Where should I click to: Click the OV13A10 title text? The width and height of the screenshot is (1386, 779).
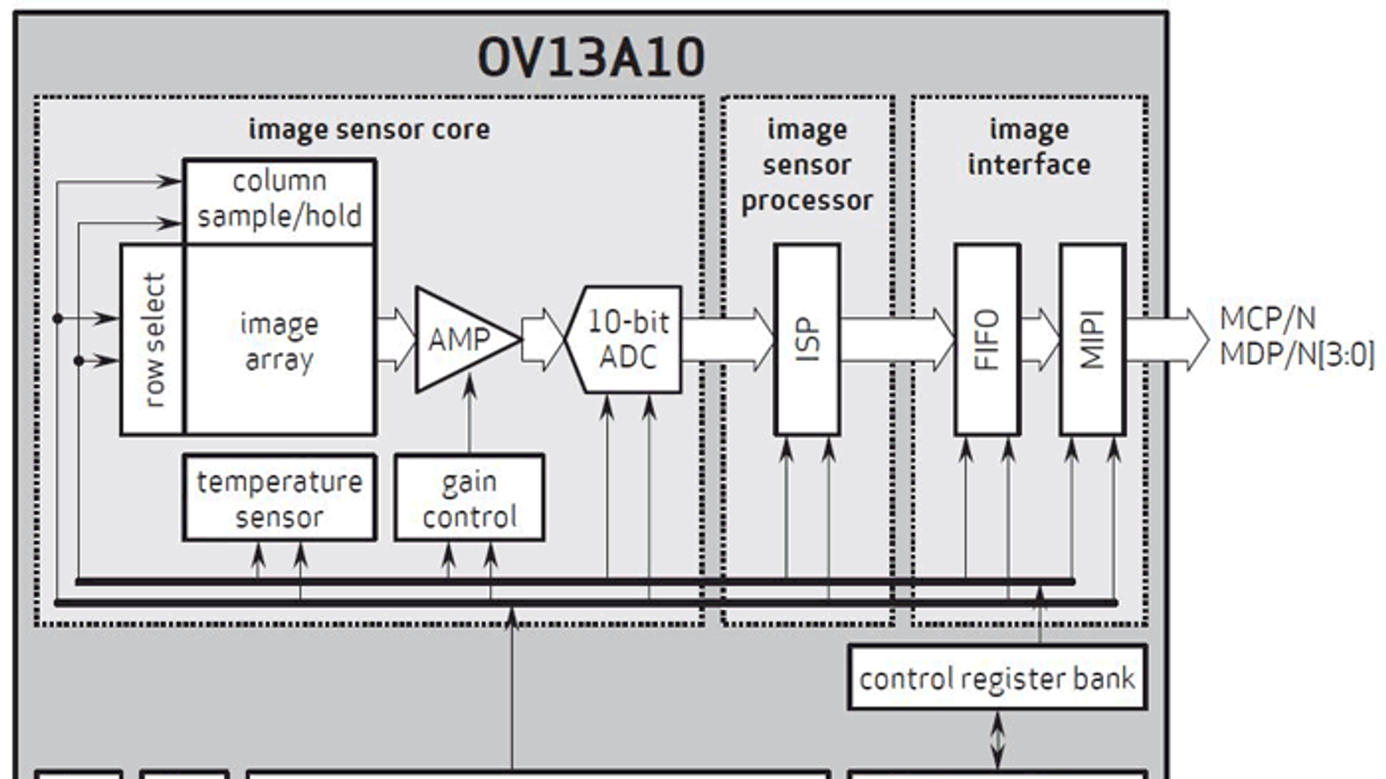(x=591, y=58)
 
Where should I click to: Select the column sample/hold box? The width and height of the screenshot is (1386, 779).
(x=279, y=200)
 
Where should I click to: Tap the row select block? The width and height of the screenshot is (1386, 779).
(x=152, y=339)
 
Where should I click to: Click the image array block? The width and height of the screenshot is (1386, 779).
(x=280, y=340)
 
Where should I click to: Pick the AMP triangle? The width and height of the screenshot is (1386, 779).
(x=459, y=339)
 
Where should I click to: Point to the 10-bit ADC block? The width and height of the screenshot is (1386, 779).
(x=627, y=339)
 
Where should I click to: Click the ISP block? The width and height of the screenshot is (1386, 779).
(x=806, y=339)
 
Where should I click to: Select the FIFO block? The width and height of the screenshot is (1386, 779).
(x=987, y=339)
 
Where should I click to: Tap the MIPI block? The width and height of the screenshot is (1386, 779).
(x=1092, y=339)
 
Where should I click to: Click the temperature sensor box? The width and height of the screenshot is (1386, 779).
(x=279, y=498)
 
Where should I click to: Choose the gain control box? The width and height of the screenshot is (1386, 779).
(x=469, y=498)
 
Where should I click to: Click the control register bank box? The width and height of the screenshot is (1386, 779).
(x=996, y=678)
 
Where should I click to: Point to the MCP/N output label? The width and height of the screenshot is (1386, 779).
(x=1267, y=319)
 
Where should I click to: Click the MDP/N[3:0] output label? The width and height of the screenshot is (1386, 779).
(x=1297, y=355)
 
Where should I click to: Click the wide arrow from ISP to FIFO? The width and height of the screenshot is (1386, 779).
(x=897, y=339)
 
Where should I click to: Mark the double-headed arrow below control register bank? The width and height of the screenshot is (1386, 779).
(x=997, y=740)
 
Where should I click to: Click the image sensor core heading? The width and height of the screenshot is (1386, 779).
(x=369, y=130)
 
